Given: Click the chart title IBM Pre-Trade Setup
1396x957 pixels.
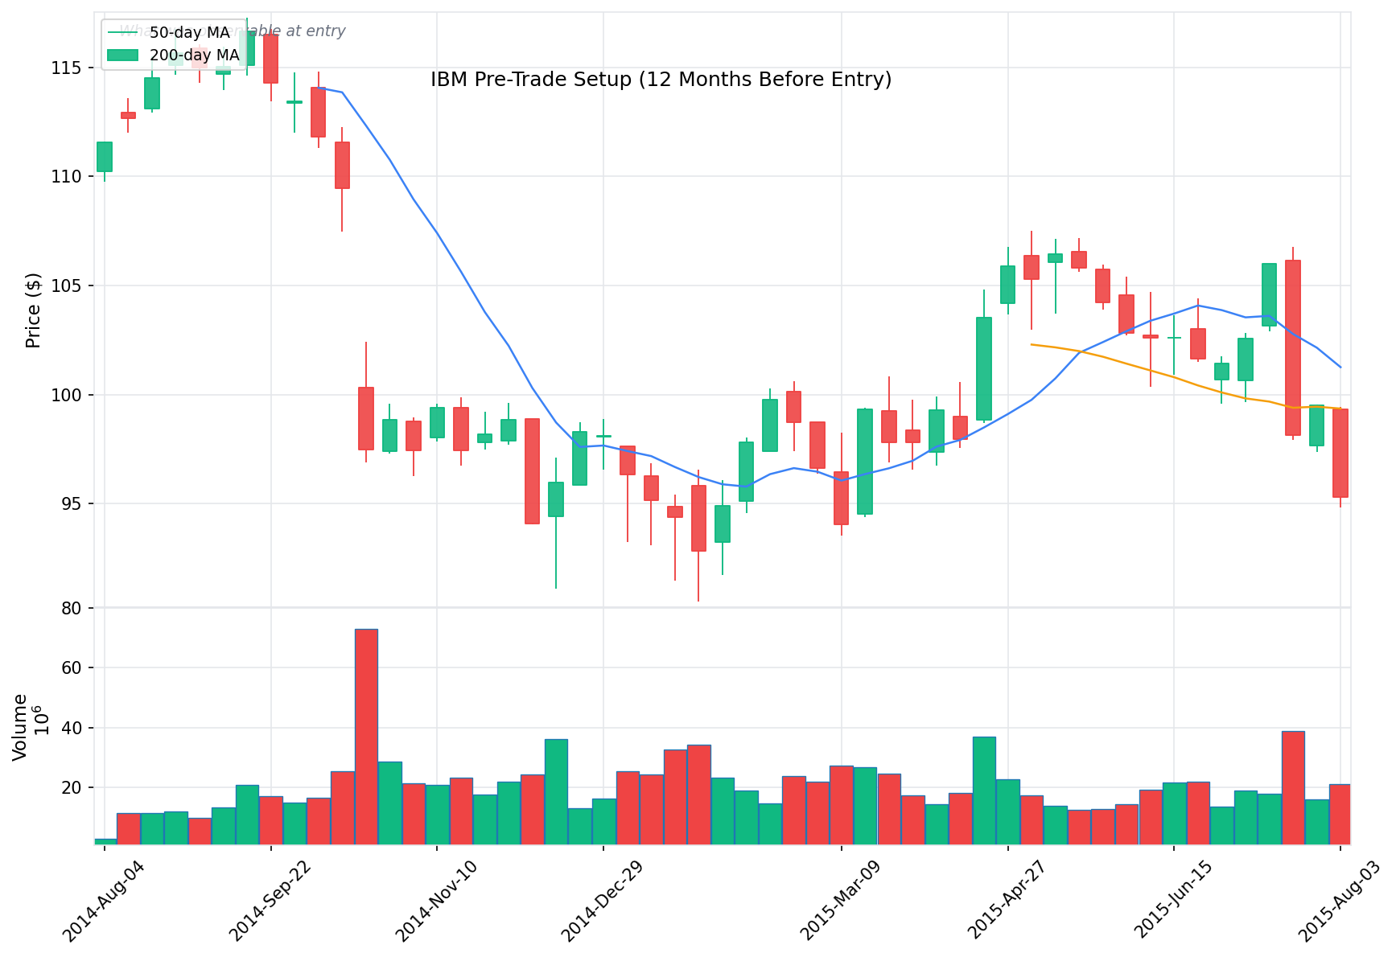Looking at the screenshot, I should (661, 80).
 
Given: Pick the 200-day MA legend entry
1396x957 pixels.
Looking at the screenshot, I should (194, 55).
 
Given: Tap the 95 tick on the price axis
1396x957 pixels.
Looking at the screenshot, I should (72, 504).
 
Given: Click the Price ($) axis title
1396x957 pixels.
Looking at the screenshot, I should (33, 310).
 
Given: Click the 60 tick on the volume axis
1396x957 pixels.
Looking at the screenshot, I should (72, 667).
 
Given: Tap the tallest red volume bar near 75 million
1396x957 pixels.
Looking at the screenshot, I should (366, 736).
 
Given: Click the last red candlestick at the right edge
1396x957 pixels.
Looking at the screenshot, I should (1340, 453).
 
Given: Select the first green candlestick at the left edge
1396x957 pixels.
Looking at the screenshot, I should (105, 157).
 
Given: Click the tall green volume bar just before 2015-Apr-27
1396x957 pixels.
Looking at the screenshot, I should (984, 790).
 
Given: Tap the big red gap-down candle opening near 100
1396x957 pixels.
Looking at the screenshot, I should (366, 418).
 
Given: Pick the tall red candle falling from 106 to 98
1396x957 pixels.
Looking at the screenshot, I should (1292, 347).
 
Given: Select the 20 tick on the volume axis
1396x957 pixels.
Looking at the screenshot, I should (72, 787).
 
